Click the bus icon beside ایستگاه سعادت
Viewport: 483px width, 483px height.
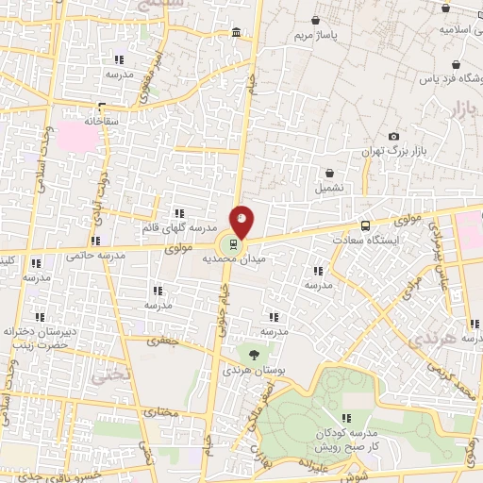[365, 225]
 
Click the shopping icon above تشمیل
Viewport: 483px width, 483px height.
[329, 173]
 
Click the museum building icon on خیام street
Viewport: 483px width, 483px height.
[235, 34]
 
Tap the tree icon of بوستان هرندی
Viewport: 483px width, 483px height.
[255, 356]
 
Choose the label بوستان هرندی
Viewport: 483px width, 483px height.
[247, 371]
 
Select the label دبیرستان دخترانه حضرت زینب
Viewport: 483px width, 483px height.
[40, 338]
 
